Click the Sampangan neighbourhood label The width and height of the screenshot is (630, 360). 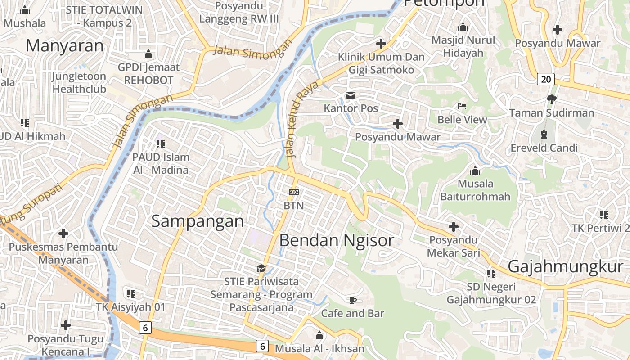pyautogui.click(x=198, y=221)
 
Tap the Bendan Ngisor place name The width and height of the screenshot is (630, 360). pyautogui.click(x=337, y=240)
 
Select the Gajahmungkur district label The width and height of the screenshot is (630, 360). pyautogui.click(x=565, y=266)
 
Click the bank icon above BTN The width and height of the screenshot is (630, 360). pyautogui.click(x=294, y=192)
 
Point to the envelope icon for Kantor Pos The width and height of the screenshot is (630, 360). pyautogui.click(x=351, y=95)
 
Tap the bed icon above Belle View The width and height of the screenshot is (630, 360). pyautogui.click(x=462, y=107)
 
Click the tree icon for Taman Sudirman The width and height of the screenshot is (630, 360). pyautogui.click(x=551, y=99)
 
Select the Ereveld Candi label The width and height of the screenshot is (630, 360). pyautogui.click(x=544, y=148)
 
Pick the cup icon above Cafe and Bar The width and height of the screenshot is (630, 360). pyautogui.click(x=352, y=300)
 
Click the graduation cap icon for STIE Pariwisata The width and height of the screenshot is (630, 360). pyautogui.click(x=261, y=269)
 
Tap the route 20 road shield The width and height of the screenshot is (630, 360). pyautogui.click(x=545, y=80)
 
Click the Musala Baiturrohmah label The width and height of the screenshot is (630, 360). pyautogui.click(x=475, y=190)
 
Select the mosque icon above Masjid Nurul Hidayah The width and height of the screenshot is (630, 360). pyautogui.click(x=463, y=27)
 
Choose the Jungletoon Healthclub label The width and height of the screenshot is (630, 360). pyautogui.click(x=79, y=82)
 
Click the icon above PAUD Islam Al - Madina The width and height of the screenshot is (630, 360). pyautogui.click(x=161, y=144)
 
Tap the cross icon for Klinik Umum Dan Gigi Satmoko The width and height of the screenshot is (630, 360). pyautogui.click(x=381, y=44)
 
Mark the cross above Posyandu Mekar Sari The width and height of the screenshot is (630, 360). pyautogui.click(x=454, y=227)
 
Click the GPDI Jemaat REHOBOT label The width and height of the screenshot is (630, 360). pyautogui.click(x=148, y=74)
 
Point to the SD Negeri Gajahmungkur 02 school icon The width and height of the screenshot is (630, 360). pyautogui.click(x=491, y=273)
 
